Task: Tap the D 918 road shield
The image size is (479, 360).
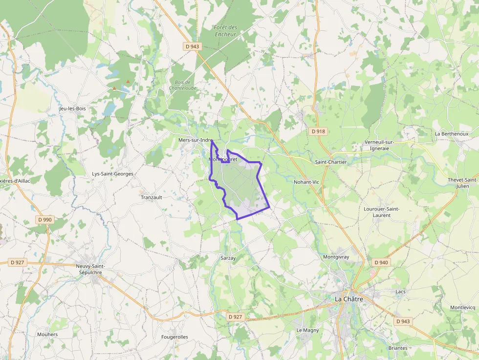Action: pyautogui.click(x=318, y=131)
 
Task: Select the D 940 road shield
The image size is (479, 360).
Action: pyautogui.click(x=381, y=262)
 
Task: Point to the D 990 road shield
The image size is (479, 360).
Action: pyautogui.click(x=44, y=220)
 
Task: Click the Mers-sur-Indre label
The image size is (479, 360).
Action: pyautogui.click(x=195, y=140)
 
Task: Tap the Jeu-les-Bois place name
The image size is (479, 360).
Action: pyautogui.click(x=72, y=108)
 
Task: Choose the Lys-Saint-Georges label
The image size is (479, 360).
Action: pyautogui.click(x=112, y=173)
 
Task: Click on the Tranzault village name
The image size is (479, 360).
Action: pyautogui.click(x=152, y=197)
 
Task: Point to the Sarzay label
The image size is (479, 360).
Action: pyautogui.click(x=228, y=258)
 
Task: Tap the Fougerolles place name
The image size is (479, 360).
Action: pyautogui.click(x=174, y=337)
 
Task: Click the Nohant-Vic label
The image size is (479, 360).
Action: pyautogui.click(x=306, y=182)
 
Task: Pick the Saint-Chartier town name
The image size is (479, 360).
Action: pyautogui.click(x=331, y=162)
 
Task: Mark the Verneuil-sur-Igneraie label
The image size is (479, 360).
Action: pyautogui.click(x=379, y=145)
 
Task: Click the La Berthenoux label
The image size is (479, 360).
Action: pyautogui.click(x=451, y=134)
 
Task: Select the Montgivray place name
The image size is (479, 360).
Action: pyautogui.click(x=336, y=256)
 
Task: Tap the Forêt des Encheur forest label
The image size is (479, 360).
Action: pyautogui.click(x=225, y=31)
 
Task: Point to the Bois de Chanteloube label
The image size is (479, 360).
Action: pyautogui.click(x=180, y=85)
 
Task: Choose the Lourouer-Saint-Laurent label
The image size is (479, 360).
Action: pyautogui.click(x=381, y=212)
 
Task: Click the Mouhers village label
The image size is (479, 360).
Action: pyautogui.click(x=47, y=335)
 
